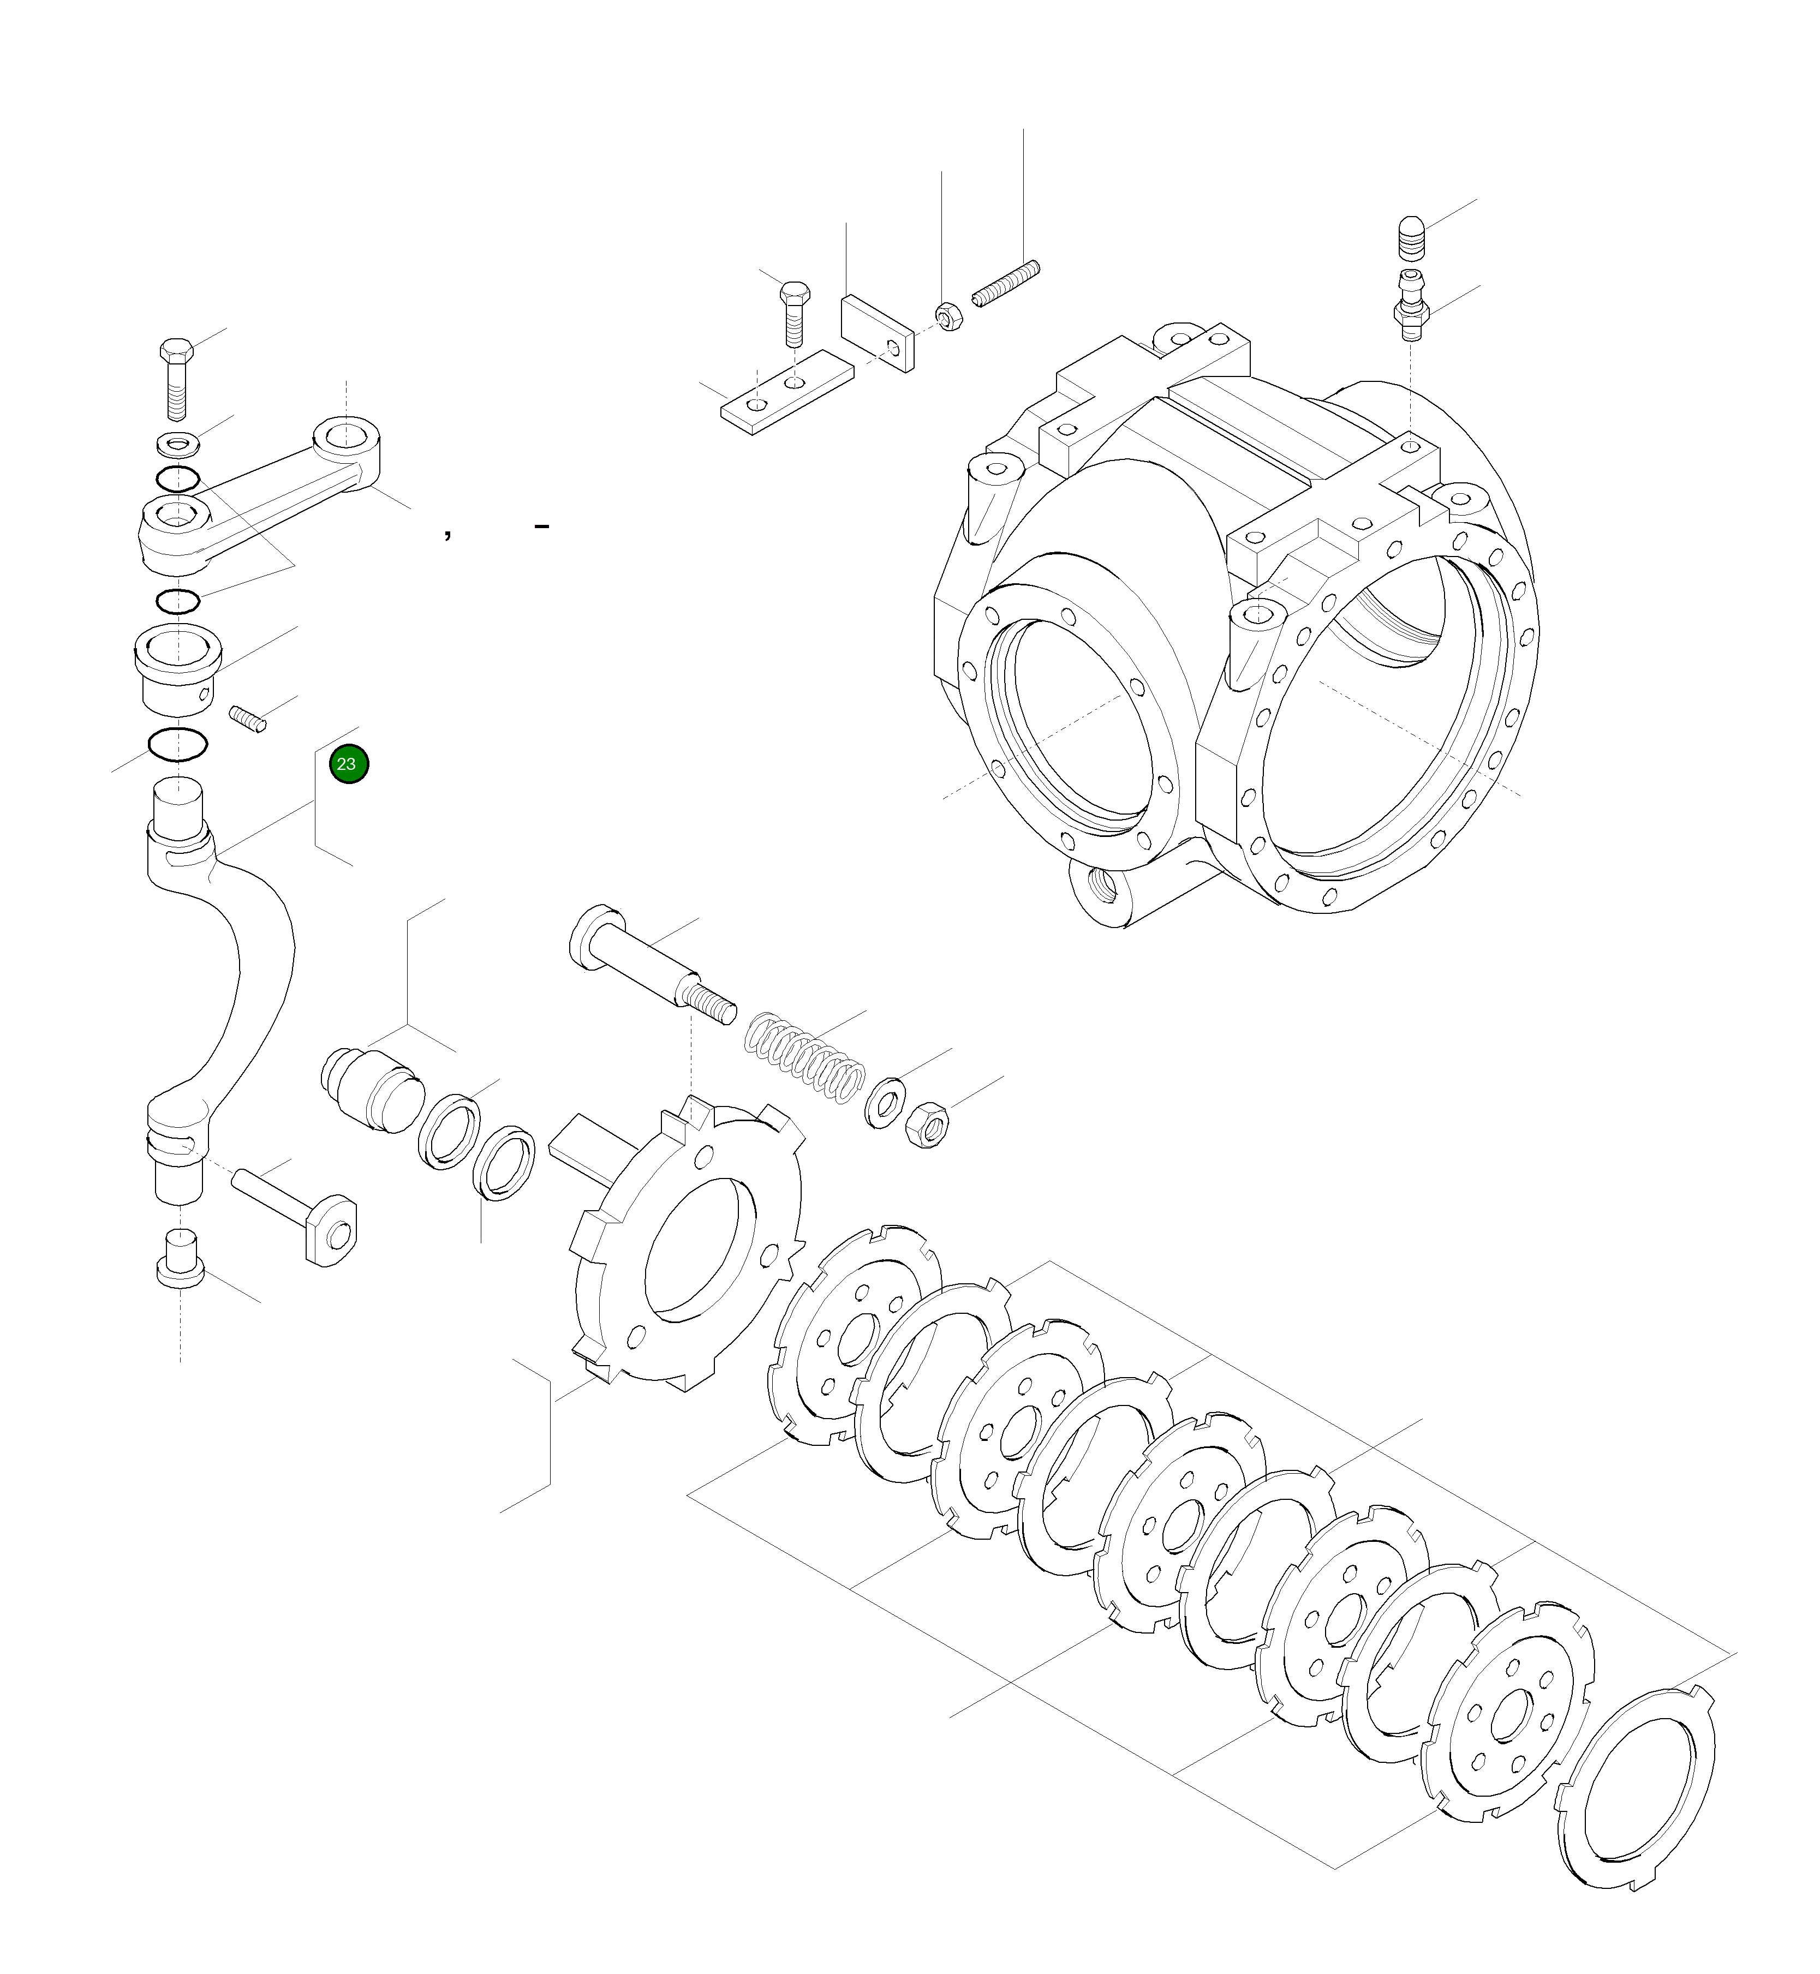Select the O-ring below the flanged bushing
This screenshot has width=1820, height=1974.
(x=176, y=744)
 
